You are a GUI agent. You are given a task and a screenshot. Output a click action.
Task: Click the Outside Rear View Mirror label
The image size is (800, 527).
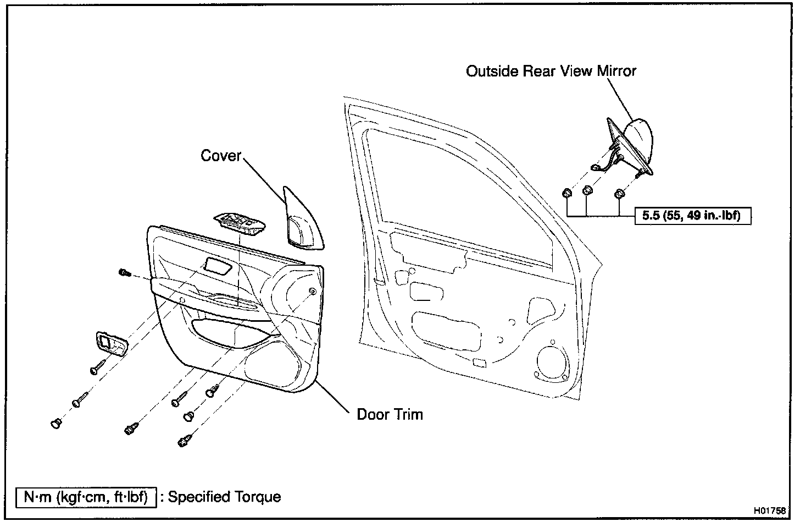[551, 71]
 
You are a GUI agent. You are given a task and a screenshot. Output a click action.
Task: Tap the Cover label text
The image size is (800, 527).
[221, 156]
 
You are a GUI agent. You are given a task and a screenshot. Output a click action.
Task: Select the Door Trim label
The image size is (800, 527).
[390, 414]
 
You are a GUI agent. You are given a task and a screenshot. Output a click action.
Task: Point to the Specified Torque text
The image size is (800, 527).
[224, 497]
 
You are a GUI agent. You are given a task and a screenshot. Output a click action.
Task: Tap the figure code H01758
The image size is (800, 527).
[769, 510]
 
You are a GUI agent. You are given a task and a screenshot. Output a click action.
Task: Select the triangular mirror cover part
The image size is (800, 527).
[302, 220]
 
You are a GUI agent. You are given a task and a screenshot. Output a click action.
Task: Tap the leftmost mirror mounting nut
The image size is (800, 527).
[566, 193]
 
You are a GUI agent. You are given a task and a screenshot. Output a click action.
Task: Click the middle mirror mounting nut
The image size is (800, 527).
[587, 191]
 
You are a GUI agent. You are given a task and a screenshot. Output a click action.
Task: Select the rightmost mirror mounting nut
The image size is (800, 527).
[619, 194]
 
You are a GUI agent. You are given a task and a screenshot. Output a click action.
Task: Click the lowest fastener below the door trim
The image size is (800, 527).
[184, 441]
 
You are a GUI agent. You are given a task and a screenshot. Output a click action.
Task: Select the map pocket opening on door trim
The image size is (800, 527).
[231, 332]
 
